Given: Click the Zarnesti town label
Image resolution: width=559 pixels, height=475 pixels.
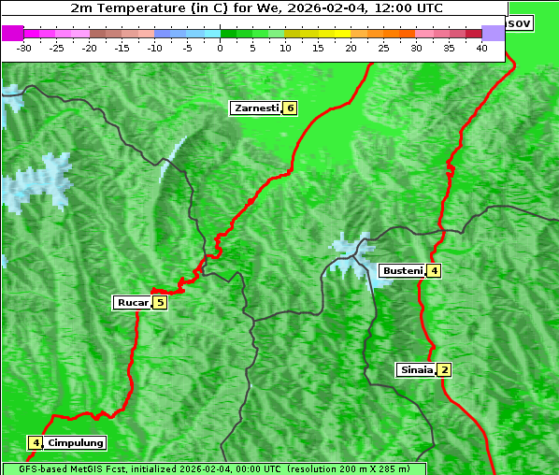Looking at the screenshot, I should coord(256,108).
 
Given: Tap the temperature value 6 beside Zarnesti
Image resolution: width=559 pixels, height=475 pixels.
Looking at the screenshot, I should coord(290,108).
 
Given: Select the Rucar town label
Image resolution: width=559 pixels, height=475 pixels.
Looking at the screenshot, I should coord(132,303).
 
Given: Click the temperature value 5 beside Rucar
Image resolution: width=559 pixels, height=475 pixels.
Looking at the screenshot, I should coord(160,303).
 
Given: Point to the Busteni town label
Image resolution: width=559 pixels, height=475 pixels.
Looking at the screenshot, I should coord(401,271).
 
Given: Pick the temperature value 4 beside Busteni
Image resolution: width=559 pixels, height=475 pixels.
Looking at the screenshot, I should coord(434,271).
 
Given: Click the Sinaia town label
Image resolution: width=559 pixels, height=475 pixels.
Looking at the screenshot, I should coord(416,370).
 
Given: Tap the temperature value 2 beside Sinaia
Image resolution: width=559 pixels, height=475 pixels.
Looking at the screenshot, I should coord(445,370).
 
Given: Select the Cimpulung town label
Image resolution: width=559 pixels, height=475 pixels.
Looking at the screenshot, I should coord(76,443).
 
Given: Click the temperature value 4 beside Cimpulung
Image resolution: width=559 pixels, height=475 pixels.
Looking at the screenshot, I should coord(35,443).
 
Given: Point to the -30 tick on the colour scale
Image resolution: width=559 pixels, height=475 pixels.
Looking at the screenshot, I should coord(24,47).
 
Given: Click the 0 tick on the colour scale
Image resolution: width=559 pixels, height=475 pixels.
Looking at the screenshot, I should coord(220,47).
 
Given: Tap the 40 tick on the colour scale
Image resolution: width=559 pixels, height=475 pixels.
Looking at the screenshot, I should coord(481,47).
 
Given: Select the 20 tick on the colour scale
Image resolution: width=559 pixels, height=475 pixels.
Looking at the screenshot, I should coord(351,47).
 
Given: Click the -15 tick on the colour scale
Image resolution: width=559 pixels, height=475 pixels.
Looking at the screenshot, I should coord(122,47).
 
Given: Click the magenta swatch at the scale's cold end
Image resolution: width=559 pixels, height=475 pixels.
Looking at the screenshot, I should coord(12,33).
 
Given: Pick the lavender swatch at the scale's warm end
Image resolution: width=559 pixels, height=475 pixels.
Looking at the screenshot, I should coord(493,33).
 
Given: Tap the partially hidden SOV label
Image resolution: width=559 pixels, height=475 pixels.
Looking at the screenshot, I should coord(520,22).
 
